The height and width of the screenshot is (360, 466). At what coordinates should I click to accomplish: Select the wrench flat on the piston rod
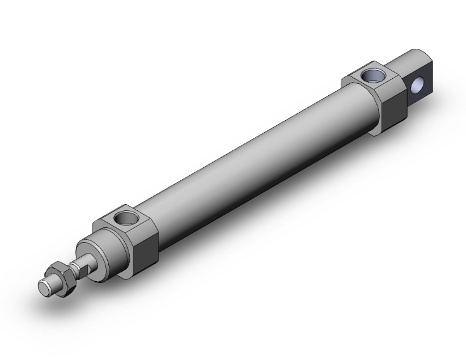pos(80,268)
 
